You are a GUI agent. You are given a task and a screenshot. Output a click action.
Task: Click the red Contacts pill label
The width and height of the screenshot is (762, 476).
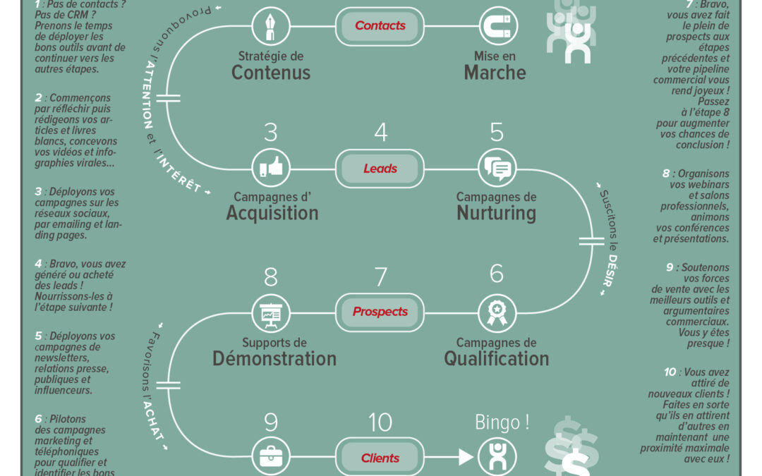(380, 25)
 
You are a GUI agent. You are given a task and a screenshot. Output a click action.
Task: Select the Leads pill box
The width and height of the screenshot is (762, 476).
(380, 169)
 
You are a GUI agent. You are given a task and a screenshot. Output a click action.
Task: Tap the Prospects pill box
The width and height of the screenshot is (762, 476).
(380, 312)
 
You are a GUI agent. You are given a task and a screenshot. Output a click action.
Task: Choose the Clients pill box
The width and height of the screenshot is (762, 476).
(380, 458)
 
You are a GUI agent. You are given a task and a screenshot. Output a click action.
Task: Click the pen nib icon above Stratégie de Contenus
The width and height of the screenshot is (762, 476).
(271, 26)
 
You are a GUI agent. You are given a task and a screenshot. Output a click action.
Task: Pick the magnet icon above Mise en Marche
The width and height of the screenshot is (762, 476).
(496, 26)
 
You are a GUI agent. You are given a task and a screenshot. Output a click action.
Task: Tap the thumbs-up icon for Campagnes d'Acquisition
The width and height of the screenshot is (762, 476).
(271, 169)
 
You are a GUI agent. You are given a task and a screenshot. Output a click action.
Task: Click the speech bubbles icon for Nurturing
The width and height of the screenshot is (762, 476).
(496, 169)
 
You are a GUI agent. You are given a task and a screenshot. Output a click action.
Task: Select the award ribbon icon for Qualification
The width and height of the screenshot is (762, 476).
(496, 312)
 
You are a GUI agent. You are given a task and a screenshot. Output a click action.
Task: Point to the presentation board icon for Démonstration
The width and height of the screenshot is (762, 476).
(271, 312)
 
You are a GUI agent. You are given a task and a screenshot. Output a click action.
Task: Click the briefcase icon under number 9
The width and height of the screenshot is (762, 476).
(271, 457)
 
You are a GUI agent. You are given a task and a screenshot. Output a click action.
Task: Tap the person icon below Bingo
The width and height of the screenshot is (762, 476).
(497, 457)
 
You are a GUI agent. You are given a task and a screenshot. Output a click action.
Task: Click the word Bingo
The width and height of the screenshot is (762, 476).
(502, 422)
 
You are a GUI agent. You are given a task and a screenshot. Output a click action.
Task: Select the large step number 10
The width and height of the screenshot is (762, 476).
(380, 422)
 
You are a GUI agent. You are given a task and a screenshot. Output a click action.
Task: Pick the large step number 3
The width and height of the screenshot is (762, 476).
(271, 133)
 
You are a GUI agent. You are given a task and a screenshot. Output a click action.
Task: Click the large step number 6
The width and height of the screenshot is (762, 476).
(497, 274)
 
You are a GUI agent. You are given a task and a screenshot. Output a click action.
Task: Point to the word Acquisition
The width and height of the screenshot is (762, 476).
(272, 213)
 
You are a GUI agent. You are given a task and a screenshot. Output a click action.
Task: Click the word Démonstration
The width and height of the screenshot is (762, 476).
(274, 358)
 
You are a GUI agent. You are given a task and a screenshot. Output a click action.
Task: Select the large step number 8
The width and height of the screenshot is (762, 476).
(271, 277)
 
